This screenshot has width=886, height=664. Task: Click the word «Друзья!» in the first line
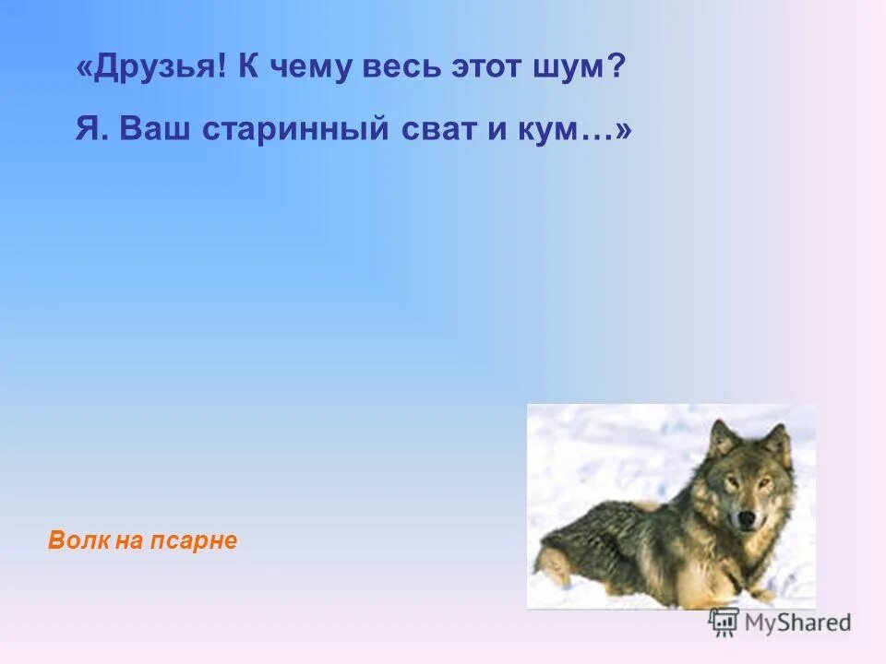[153, 68]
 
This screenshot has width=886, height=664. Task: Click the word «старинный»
[293, 130]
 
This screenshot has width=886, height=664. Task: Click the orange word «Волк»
[78, 541]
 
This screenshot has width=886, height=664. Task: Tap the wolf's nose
[745, 521]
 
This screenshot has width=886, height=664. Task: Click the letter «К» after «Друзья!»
[247, 68]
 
